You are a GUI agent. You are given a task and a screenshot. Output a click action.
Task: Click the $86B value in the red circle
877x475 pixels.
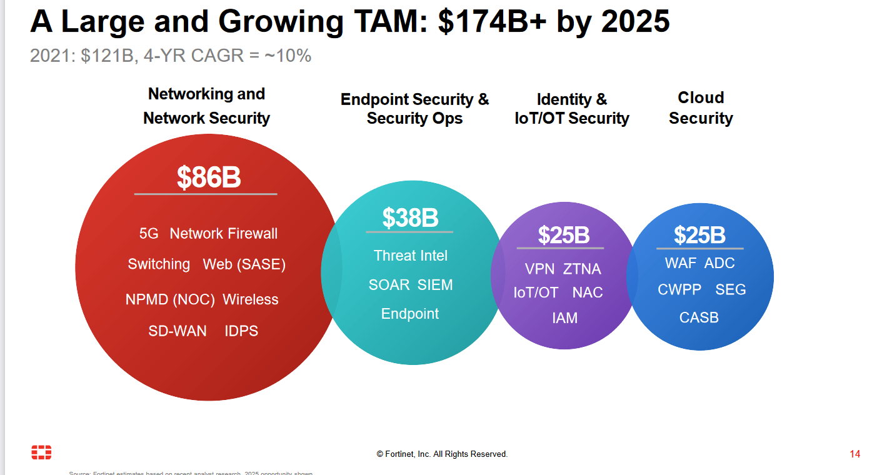[x=208, y=177]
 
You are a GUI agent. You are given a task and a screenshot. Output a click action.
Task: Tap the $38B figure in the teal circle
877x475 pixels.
[x=410, y=218]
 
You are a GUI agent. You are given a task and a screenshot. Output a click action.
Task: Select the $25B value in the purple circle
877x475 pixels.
[x=563, y=235]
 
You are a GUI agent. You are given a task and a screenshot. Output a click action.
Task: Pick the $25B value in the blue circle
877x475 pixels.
[x=699, y=235]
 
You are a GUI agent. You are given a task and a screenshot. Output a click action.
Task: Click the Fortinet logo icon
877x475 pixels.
[x=41, y=452]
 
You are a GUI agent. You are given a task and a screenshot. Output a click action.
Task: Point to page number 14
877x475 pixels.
[x=854, y=454]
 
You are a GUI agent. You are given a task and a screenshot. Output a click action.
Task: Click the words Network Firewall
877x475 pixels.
[x=223, y=234]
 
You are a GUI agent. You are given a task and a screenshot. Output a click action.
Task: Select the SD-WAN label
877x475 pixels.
[x=177, y=331]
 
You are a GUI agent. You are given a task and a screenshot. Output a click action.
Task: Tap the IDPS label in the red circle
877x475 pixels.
[x=241, y=331]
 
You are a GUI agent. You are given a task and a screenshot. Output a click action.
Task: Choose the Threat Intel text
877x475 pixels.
[x=410, y=256]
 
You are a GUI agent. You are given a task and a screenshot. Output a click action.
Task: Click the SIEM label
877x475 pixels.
[x=435, y=285]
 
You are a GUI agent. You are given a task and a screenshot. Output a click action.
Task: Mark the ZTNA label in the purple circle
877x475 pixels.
[x=582, y=269]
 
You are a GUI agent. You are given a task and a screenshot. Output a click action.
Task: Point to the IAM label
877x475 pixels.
[x=564, y=318]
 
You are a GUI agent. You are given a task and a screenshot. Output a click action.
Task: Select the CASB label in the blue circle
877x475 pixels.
[x=699, y=317]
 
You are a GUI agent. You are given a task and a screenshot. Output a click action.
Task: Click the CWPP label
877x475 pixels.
[x=679, y=290]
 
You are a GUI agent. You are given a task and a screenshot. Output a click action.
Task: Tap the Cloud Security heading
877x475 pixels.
[x=701, y=107]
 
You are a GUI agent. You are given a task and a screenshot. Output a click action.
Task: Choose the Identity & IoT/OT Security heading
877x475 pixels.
[x=571, y=109]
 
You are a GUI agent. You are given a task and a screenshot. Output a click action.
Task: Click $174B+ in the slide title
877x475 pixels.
[x=492, y=22]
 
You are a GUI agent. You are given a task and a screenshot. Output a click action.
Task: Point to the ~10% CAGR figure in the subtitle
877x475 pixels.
[x=288, y=56]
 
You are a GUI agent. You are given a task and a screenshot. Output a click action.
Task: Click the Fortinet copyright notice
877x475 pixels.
[x=442, y=454]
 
